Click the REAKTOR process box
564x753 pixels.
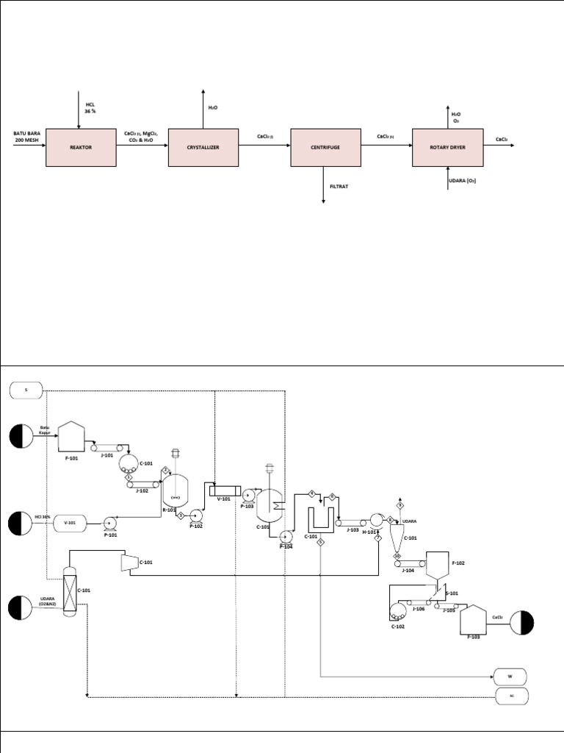click(x=81, y=147)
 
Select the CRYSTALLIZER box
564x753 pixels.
click(x=203, y=147)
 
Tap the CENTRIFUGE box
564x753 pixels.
click(x=325, y=147)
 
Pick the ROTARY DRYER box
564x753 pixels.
click(x=447, y=147)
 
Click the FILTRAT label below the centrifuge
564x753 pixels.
click(x=339, y=187)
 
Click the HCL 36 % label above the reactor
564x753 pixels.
click(x=90, y=108)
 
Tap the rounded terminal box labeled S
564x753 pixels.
click(x=26, y=390)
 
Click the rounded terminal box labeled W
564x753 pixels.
click(x=510, y=676)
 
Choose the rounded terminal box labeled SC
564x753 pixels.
click(x=510, y=696)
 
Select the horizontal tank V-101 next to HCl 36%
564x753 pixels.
click(x=70, y=523)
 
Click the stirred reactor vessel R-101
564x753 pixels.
click(x=176, y=488)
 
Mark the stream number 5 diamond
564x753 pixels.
click(x=321, y=542)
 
